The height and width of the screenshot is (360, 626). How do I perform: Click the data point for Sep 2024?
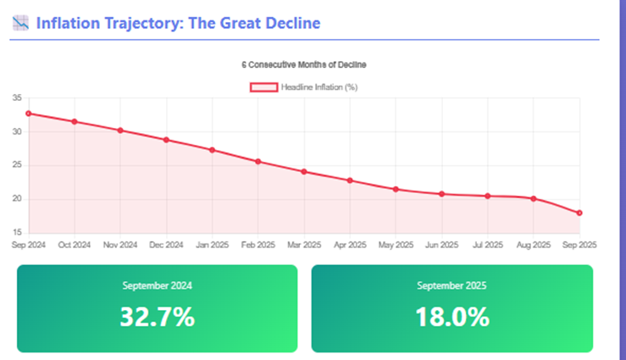pos(28,114)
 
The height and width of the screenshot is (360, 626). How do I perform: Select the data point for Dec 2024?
pos(166,140)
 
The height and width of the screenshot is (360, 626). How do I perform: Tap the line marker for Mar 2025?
pos(304,171)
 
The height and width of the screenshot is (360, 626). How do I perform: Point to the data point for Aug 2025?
pos(533,198)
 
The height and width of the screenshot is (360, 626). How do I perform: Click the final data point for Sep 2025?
pos(579,213)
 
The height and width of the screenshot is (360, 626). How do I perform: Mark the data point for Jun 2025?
pos(441,194)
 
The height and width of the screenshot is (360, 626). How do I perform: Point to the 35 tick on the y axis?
pos(17,98)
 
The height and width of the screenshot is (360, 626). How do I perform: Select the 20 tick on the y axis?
pos(17,200)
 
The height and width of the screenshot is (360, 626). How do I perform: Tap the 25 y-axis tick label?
pos(17,166)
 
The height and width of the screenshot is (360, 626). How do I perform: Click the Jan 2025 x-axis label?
pos(212,245)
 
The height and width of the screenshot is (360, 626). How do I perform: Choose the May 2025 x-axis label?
pos(396,245)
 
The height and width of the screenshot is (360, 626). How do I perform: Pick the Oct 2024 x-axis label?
pos(75,245)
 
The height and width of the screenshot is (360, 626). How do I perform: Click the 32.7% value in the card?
pos(157,317)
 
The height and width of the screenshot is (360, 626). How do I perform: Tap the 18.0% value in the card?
pos(451,317)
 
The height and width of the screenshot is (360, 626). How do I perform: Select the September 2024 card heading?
pos(157,285)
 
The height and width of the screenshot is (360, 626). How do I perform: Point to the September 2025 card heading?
pos(451,285)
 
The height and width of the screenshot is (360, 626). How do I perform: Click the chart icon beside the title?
pos(21,23)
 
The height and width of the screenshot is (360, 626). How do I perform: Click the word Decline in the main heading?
pos(291,23)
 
